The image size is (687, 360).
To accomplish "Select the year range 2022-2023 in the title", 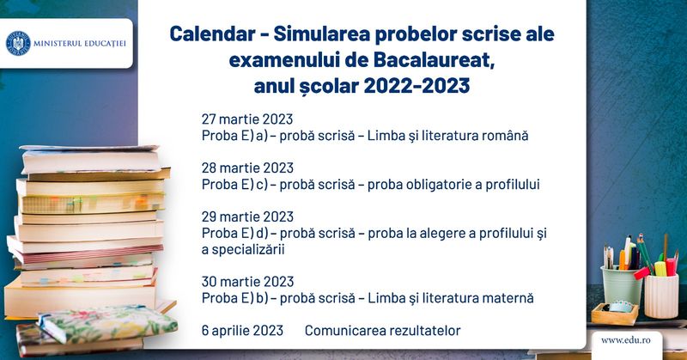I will pyautogui.click(x=416, y=88).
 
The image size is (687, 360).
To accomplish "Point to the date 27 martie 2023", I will pyautogui.click(x=247, y=119).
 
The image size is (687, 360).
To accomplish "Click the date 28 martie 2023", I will pyautogui.click(x=247, y=168).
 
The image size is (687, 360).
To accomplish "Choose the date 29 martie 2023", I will pyautogui.click(x=247, y=217).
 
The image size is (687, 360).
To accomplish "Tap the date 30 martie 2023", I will pyautogui.click(x=247, y=282).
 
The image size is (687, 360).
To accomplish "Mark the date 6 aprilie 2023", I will pyautogui.click(x=243, y=331).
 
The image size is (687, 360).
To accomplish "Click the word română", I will pyautogui.click(x=503, y=136).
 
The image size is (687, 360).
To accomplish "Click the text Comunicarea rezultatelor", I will pyautogui.click(x=382, y=331).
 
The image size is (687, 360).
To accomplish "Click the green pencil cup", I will pyautogui.click(x=623, y=284).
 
